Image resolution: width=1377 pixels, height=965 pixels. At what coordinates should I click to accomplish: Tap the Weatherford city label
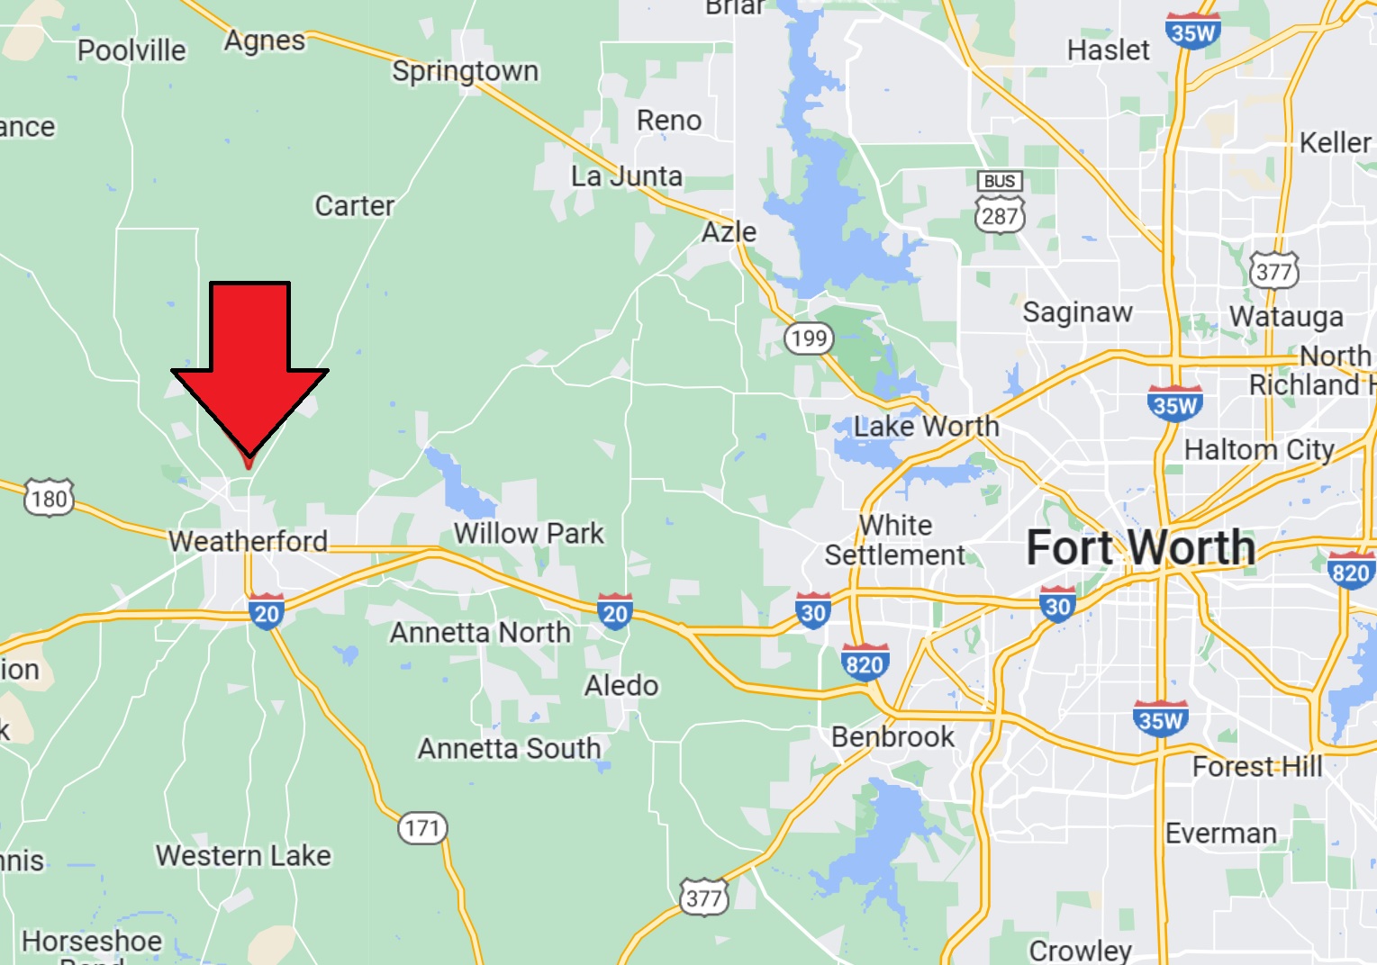(248, 541)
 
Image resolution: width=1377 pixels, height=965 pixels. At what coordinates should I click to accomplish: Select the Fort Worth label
(1140, 548)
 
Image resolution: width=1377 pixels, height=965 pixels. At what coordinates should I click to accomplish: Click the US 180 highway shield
(49, 498)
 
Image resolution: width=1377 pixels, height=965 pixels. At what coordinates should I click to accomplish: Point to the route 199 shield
(809, 338)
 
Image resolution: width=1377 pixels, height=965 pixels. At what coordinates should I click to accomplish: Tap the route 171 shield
(422, 827)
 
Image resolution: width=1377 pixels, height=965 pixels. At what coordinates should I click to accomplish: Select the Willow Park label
(529, 533)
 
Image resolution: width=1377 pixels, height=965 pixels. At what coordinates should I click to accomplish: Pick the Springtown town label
(465, 71)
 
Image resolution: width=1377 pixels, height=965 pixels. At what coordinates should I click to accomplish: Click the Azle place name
(729, 232)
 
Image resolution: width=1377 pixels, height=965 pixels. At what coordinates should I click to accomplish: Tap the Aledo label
(621, 686)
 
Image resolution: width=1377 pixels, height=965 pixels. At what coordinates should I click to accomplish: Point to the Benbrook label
(892, 737)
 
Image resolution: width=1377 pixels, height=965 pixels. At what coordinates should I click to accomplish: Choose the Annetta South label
(509, 748)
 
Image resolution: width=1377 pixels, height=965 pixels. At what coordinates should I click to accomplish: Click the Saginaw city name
(1077, 312)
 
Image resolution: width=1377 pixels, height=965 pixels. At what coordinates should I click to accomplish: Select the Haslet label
(1108, 50)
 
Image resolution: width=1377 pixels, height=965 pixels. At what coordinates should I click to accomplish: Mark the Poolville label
(131, 50)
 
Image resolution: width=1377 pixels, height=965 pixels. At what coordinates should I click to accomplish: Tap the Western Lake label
(243, 855)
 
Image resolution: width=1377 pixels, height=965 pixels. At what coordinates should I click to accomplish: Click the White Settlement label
(895, 540)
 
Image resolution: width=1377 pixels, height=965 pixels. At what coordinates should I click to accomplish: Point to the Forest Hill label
(1257, 767)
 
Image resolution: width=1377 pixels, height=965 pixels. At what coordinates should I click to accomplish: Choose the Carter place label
(354, 206)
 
